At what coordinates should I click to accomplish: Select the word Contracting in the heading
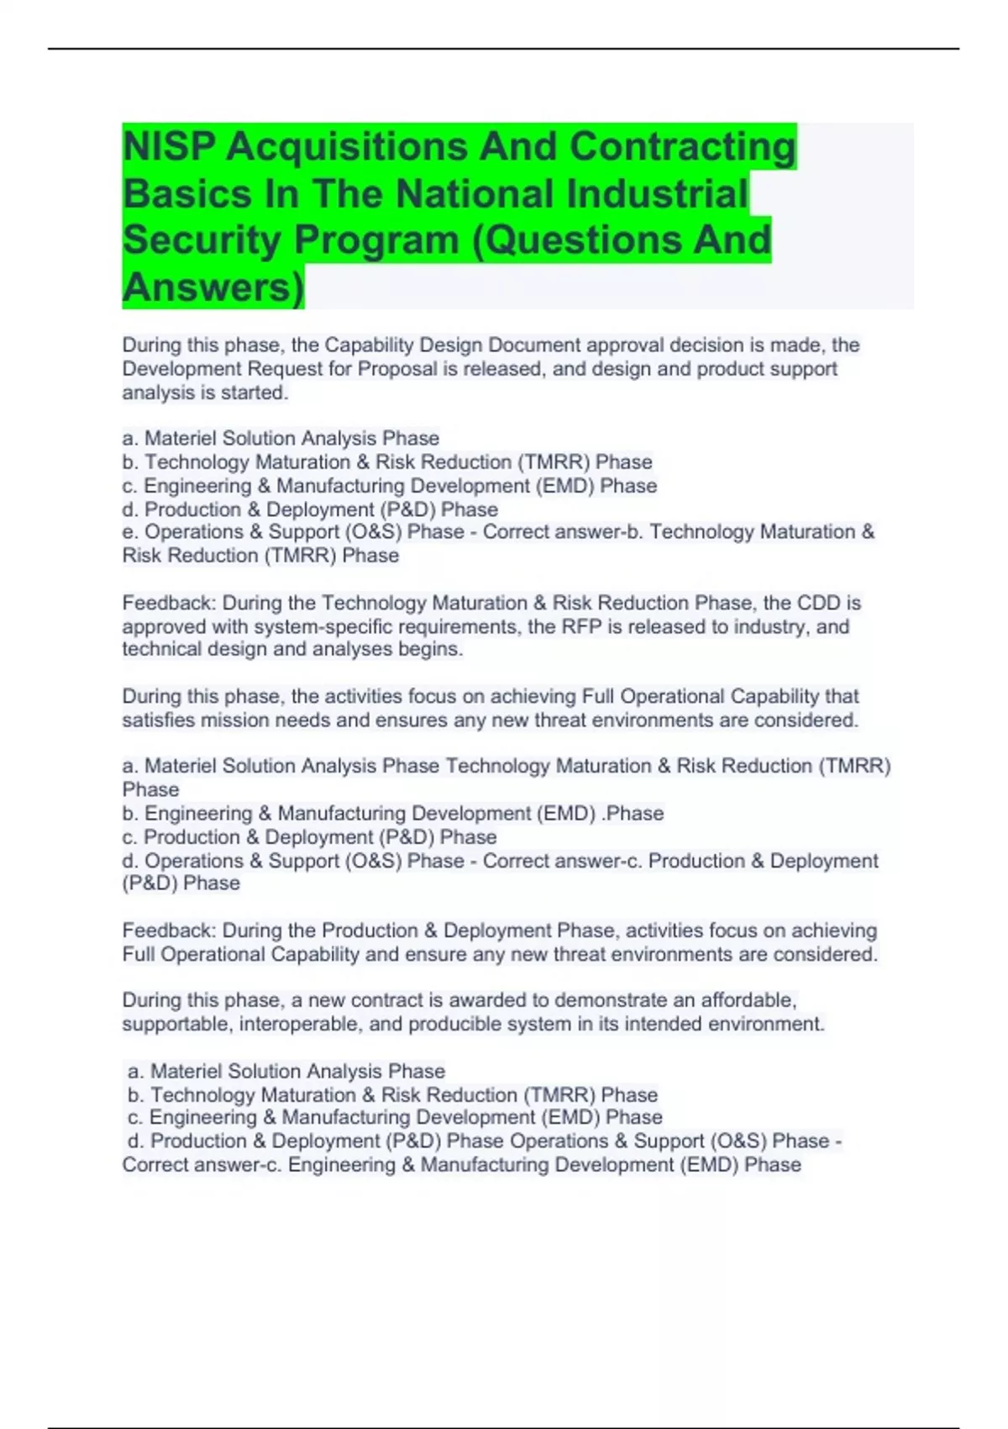[x=682, y=147]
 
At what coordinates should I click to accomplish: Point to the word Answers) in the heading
[x=213, y=287]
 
